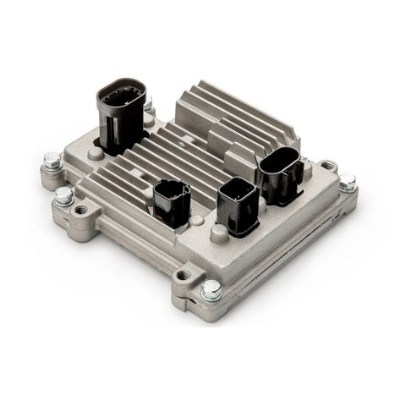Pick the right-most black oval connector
(279, 174)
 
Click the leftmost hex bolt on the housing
(52, 158)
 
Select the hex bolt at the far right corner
(347, 181)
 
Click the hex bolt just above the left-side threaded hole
(64, 196)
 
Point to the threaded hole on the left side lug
(82, 210)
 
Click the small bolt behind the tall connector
(149, 107)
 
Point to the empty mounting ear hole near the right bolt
(328, 167)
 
